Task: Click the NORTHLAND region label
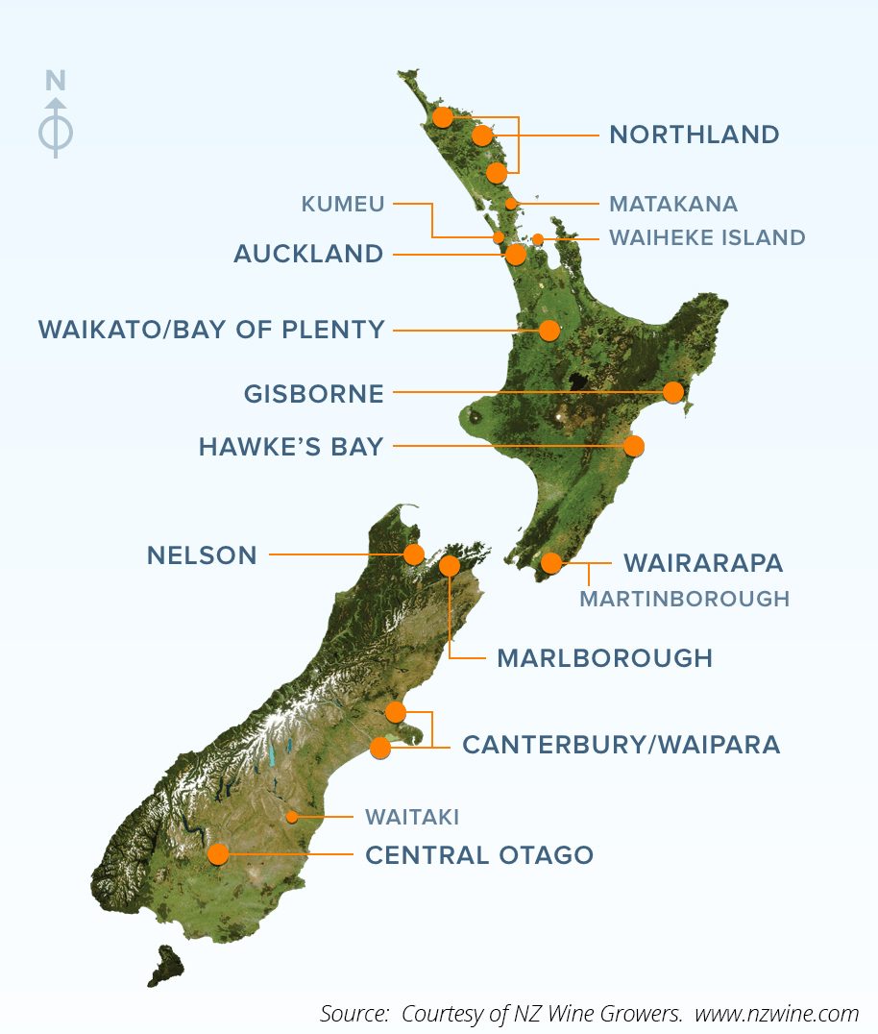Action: pyautogui.click(x=694, y=134)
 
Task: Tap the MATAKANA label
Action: pyautogui.click(x=673, y=204)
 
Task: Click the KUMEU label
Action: pyautogui.click(x=343, y=204)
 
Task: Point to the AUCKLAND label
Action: pyautogui.click(x=308, y=255)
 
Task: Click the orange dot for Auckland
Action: pyautogui.click(x=516, y=255)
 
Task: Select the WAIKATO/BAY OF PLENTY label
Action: pyautogui.click(x=211, y=330)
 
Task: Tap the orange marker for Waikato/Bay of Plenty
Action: pyautogui.click(x=549, y=331)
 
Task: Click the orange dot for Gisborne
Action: pyautogui.click(x=673, y=392)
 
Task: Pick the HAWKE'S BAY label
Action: pyautogui.click(x=291, y=447)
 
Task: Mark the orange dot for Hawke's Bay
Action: pyautogui.click(x=633, y=446)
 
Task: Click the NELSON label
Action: pyautogui.click(x=202, y=554)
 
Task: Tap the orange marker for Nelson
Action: pyautogui.click(x=414, y=554)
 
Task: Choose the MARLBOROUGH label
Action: pyautogui.click(x=604, y=658)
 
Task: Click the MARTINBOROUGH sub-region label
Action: pyautogui.click(x=684, y=599)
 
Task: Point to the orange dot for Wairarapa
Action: pyautogui.click(x=550, y=563)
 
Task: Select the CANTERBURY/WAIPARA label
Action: pyautogui.click(x=621, y=745)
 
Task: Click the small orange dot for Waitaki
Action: pyautogui.click(x=292, y=817)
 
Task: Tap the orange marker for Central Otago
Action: pyautogui.click(x=218, y=854)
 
